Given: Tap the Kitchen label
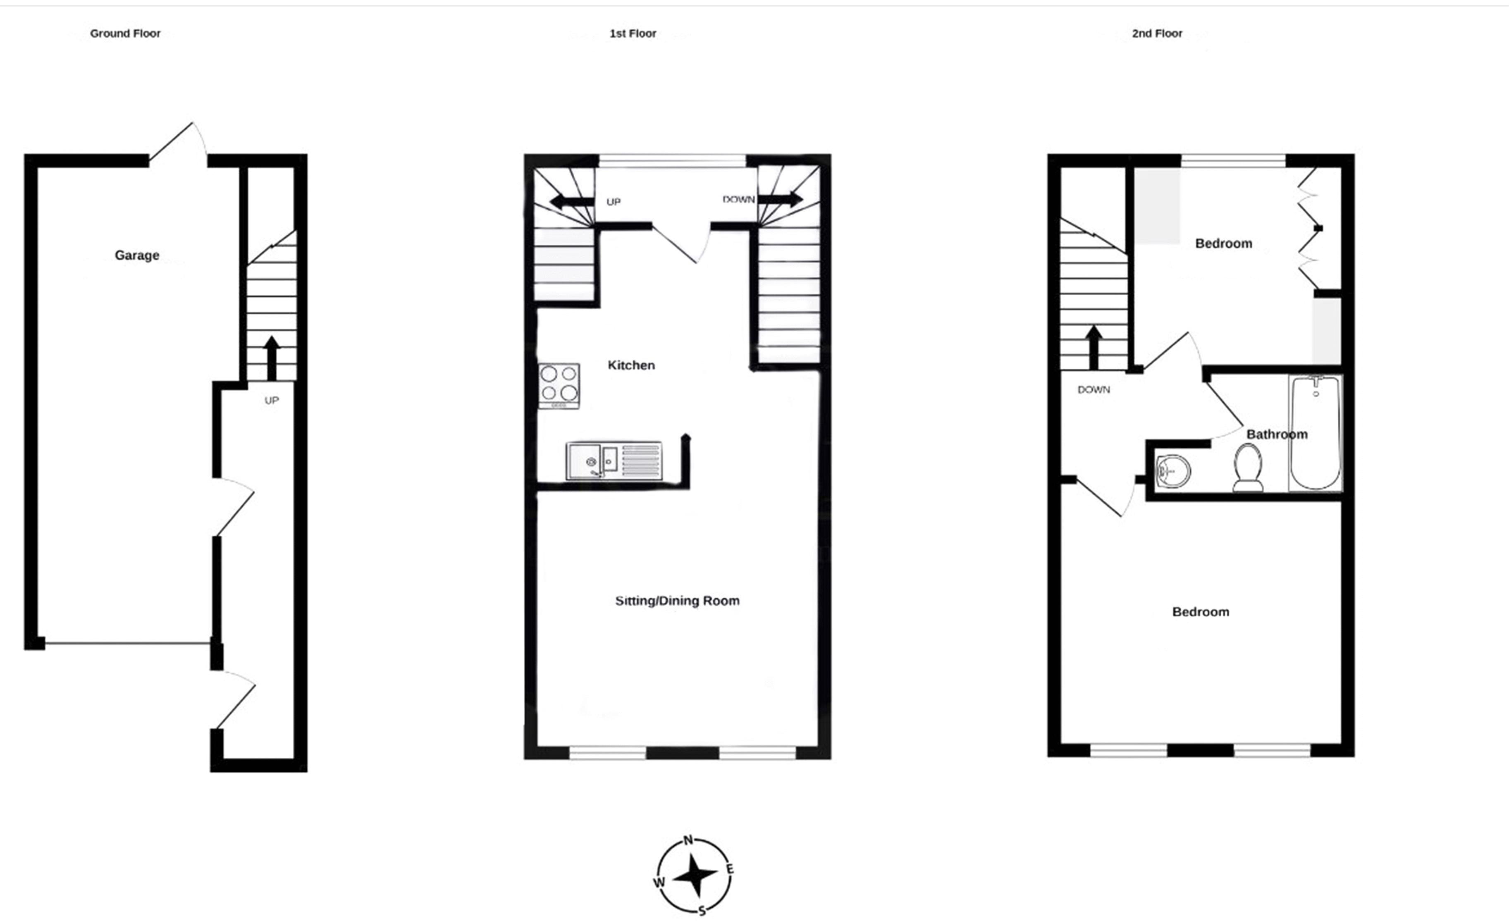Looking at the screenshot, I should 631,365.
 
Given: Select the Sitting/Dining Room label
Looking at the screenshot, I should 677,601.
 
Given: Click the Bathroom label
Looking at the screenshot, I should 1277,434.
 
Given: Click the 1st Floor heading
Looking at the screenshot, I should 633,33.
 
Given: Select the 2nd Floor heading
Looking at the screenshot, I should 1157,33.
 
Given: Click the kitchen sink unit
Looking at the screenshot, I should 614,460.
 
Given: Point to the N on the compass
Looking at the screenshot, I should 688,840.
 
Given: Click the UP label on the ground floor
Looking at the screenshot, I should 271,401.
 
